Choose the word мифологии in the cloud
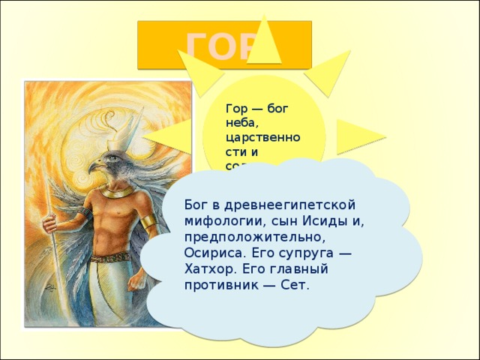[x=218, y=221]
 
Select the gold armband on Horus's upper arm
[x=148, y=222]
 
